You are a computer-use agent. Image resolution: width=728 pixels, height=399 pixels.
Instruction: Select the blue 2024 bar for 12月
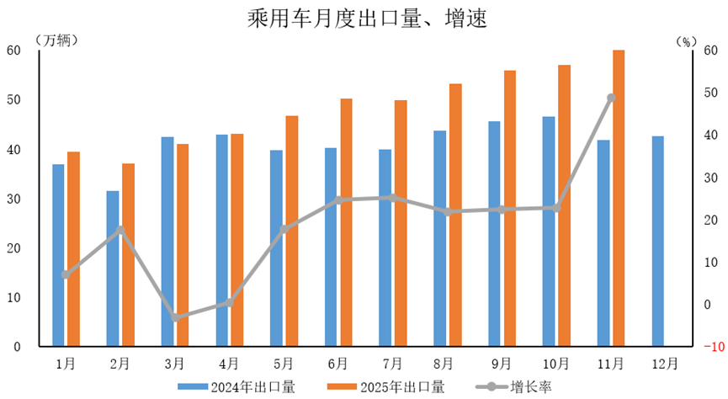pyautogui.click(x=658, y=242)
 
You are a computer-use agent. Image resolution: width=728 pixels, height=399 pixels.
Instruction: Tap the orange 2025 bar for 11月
pyautogui.click(x=619, y=198)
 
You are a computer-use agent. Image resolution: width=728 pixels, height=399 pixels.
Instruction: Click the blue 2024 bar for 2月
pyautogui.click(x=113, y=269)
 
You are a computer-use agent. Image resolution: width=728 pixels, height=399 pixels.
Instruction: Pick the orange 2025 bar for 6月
pyautogui.click(x=346, y=222)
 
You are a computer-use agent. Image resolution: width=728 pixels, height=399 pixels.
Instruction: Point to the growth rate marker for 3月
pyautogui.click(x=174, y=318)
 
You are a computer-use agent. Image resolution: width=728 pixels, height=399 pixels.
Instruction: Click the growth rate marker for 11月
pyautogui.click(x=611, y=98)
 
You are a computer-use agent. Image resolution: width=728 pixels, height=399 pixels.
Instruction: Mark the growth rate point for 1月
pyautogui.click(x=65, y=274)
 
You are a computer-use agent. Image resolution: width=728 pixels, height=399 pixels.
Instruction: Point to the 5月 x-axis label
pyautogui.click(x=284, y=364)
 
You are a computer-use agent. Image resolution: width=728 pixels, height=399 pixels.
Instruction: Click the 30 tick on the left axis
pyautogui.click(x=13, y=199)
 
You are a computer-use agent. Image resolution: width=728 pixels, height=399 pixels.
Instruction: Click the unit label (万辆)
pyautogui.click(x=56, y=40)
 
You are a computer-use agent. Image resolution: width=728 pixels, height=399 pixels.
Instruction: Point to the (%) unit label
pyautogui.click(x=688, y=40)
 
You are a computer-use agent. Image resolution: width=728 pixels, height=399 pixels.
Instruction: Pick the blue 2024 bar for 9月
pyautogui.click(x=494, y=234)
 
